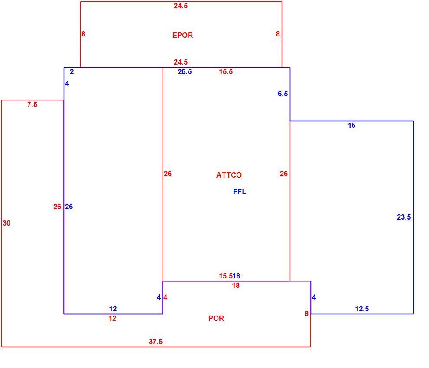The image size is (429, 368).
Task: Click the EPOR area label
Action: click(182, 35)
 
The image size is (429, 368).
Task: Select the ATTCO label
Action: click(229, 175)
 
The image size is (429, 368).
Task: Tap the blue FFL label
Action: click(239, 191)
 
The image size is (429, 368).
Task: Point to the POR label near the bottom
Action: click(216, 318)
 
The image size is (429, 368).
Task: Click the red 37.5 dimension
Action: click(156, 342)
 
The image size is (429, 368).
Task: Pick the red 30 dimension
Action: click(6, 223)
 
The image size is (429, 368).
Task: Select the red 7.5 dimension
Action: click(32, 104)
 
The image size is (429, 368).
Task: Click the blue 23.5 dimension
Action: click(404, 217)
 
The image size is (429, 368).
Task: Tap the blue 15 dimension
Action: click(351, 125)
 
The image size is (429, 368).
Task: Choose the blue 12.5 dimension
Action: click(362, 309)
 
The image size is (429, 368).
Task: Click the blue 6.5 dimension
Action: click(283, 94)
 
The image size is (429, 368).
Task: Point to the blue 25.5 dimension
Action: click(185, 71)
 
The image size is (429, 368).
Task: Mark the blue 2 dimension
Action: click(71, 71)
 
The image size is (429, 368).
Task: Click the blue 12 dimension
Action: click(113, 309)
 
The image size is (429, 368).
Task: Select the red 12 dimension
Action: click(112, 318)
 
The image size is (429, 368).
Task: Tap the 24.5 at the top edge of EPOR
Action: click(181, 6)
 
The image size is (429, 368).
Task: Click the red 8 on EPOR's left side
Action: click(83, 34)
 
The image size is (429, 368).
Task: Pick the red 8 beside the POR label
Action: click(306, 313)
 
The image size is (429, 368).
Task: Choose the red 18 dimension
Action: click(236, 285)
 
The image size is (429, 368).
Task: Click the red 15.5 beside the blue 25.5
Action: click(226, 71)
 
